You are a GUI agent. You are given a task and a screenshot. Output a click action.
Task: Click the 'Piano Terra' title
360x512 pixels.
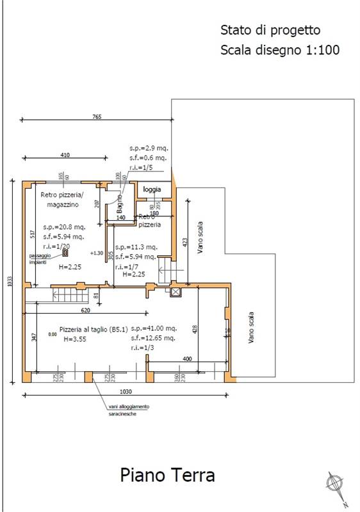[x=167, y=476]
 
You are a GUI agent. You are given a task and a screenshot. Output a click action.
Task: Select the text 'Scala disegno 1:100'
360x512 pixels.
[x=279, y=49]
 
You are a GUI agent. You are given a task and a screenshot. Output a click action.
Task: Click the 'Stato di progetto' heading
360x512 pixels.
[x=270, y=30]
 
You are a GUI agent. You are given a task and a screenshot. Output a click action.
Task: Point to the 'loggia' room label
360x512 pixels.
[x=152, y=189]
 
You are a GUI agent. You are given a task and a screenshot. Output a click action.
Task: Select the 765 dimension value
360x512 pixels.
[x=97, y=116]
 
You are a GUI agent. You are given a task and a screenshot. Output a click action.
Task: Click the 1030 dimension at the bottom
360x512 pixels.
[x=125, y=391]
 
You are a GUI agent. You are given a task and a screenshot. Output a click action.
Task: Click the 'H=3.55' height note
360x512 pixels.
[x=74, y=340]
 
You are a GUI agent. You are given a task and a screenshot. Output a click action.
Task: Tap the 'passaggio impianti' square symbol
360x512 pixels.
[x=65, y=253]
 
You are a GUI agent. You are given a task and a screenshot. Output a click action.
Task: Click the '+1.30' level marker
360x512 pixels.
[x=97, y=253]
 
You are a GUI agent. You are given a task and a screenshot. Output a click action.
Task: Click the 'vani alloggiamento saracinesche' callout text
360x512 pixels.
[x=128, y=410]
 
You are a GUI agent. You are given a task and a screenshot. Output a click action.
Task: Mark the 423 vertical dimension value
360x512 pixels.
[x=185, y=243]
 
